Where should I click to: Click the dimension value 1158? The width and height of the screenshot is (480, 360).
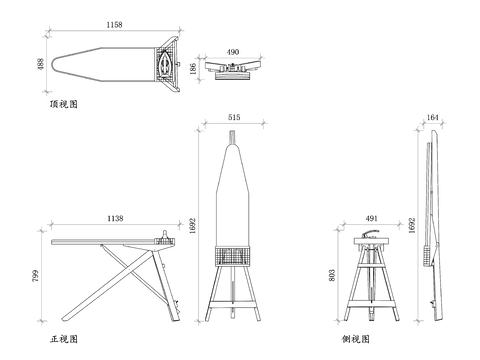[114, 25]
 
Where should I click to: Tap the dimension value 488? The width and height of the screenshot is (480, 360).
[40, 64]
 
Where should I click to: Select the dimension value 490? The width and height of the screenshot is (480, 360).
[233, 52]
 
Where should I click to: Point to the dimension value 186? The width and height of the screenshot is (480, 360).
[193, 69]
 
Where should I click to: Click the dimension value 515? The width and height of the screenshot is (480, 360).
[234, 117]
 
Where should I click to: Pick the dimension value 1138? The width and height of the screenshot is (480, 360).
[115, 218]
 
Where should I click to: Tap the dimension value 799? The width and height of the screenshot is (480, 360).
[35, 276]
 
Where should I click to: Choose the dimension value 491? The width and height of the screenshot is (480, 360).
[372, 218]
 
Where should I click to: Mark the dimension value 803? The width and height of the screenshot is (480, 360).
[332, 275]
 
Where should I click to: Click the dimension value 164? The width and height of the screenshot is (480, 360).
[432, 117]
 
